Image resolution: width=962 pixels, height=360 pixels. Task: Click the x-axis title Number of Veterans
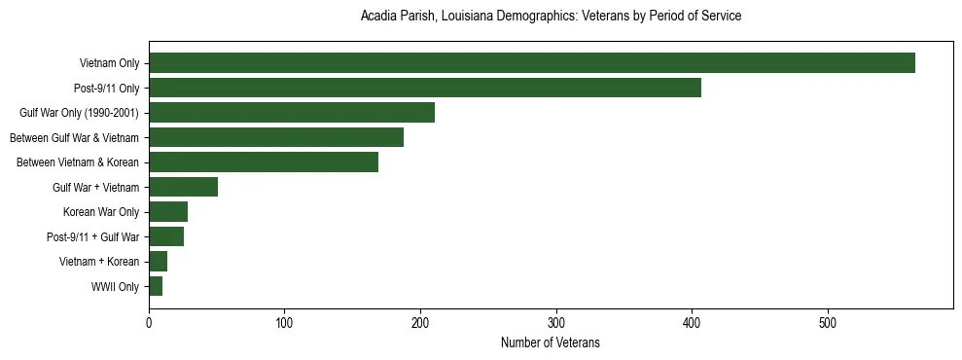[x=551, y=342]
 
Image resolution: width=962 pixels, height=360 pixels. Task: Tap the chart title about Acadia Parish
[x=551, y=17]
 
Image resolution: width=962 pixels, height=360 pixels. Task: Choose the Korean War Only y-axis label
[x=101, y=212]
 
